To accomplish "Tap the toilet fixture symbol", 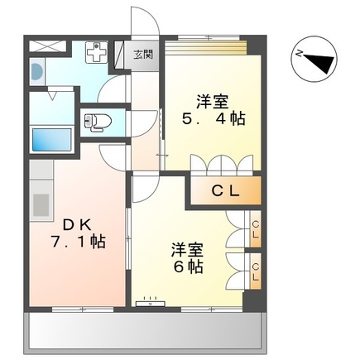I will point(96,122).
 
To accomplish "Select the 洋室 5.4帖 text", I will point(213,110).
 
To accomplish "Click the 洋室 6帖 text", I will point(189,257).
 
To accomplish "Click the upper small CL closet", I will point(255,228).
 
